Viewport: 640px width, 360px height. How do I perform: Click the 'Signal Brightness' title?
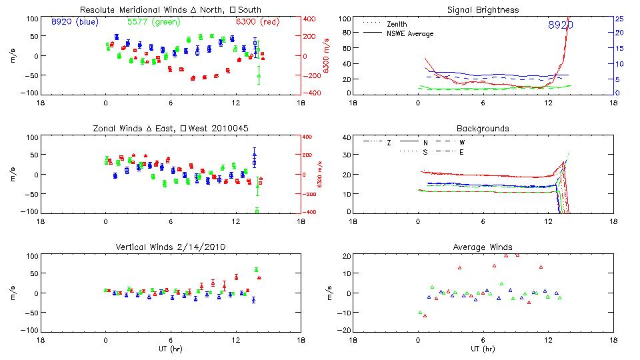[483, 10]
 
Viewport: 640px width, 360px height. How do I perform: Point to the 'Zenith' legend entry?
[397, 24]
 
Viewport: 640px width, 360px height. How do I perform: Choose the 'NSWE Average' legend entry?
[409, 33]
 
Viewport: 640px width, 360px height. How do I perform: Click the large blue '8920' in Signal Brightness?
[561, 25]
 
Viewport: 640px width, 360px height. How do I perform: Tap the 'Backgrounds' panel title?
[483, 128]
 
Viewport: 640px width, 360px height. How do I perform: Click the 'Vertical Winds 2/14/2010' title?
[170, 247]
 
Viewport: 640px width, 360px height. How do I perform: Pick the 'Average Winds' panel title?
[483, 247]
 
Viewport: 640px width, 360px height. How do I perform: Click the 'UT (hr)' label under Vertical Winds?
[170, 349]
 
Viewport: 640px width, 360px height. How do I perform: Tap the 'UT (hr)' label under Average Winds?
[483, 349]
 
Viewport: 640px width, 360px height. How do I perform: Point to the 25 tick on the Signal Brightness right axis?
[619, 18]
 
